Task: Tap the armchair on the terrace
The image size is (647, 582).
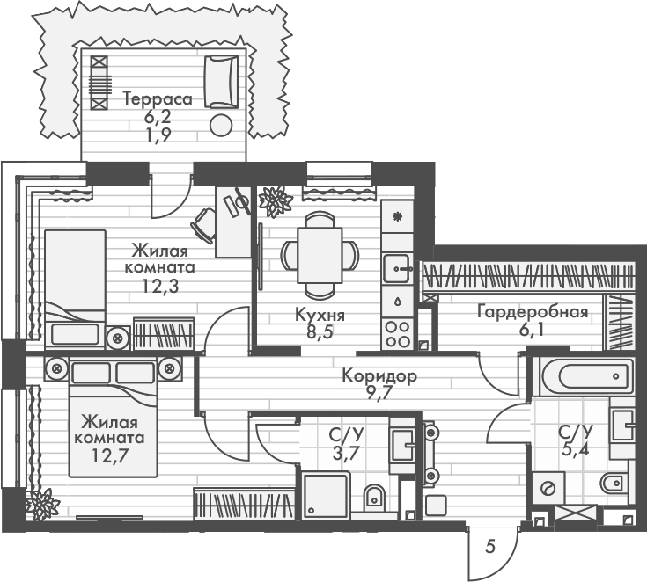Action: [221, 81]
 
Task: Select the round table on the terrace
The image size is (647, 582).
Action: [221, 125]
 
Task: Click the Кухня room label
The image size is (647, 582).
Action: [320, 316]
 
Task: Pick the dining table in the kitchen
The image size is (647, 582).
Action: [320, 255]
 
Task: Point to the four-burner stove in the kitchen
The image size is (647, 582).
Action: [397, 332]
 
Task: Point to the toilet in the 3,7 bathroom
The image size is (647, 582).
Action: [373, 496]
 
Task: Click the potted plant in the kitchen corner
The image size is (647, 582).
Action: [276, 201]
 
